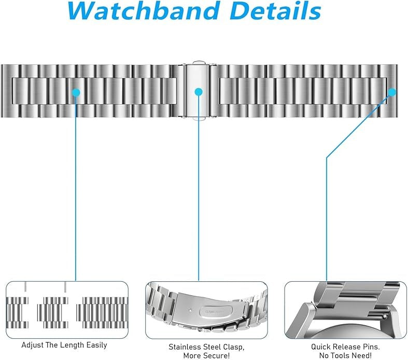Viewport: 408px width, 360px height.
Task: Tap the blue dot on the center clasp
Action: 198,92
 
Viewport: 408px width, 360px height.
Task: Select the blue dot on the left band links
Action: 77,92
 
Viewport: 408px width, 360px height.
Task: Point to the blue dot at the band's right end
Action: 392,92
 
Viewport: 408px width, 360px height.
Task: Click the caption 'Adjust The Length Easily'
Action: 64,345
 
